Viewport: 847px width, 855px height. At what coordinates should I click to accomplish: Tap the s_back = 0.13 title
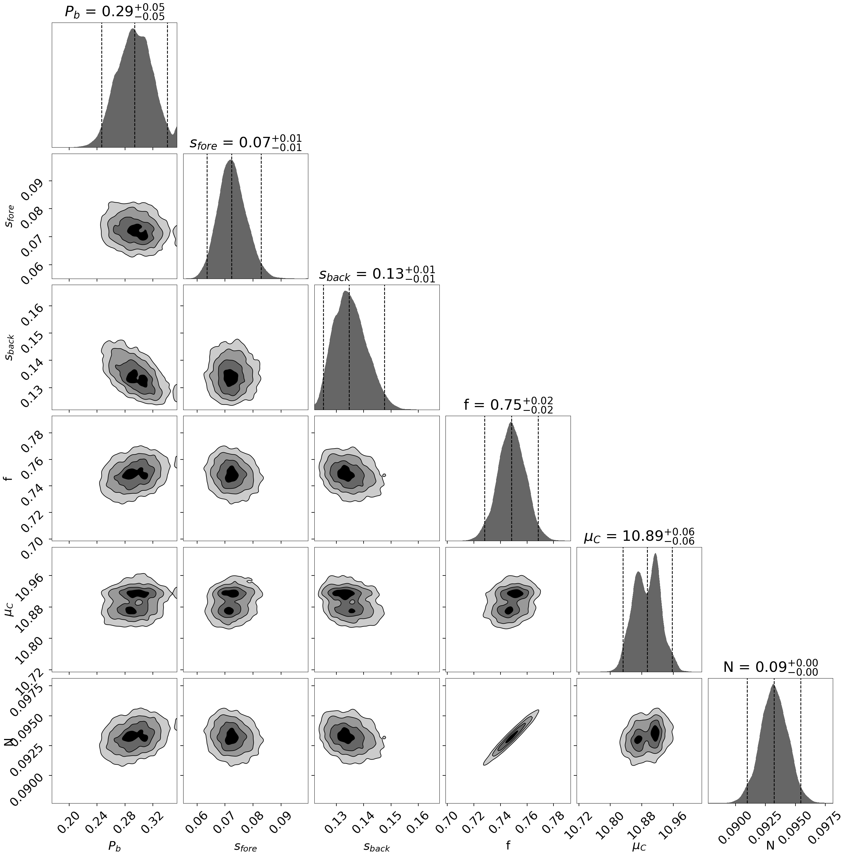[377, 274]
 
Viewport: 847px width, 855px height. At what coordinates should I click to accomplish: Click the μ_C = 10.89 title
[639, 537]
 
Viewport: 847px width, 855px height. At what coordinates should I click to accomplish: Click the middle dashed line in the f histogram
[511, 478]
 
